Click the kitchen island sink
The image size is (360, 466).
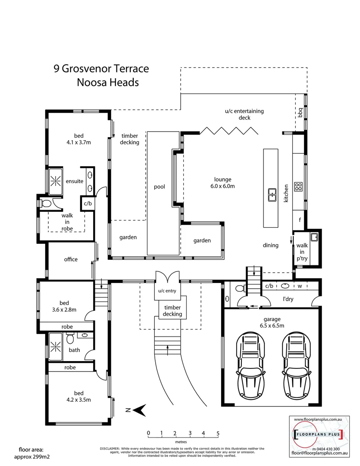tap(272, 195)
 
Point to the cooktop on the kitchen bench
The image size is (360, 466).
tap(298, 186)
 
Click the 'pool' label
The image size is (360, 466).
tap(160, 187)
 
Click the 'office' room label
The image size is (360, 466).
tap(71, 259)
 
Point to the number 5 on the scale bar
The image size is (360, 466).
tap(218, 433)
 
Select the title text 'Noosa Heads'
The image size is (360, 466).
tap(108, 82)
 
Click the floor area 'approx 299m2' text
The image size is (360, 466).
tap(31, 457)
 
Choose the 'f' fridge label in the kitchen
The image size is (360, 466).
tap(300, 219)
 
